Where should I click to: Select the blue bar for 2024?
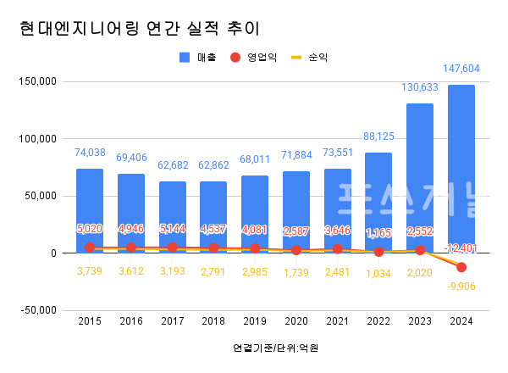[461, 170]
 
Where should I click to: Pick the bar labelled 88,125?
[378, 203]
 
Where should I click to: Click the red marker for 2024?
[461, 267]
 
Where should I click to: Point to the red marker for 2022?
[378, 252]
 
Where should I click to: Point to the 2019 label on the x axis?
[255, 321]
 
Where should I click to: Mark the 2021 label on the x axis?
[338, 321]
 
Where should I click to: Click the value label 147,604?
[461, 69]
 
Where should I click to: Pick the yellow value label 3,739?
[90, 270]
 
